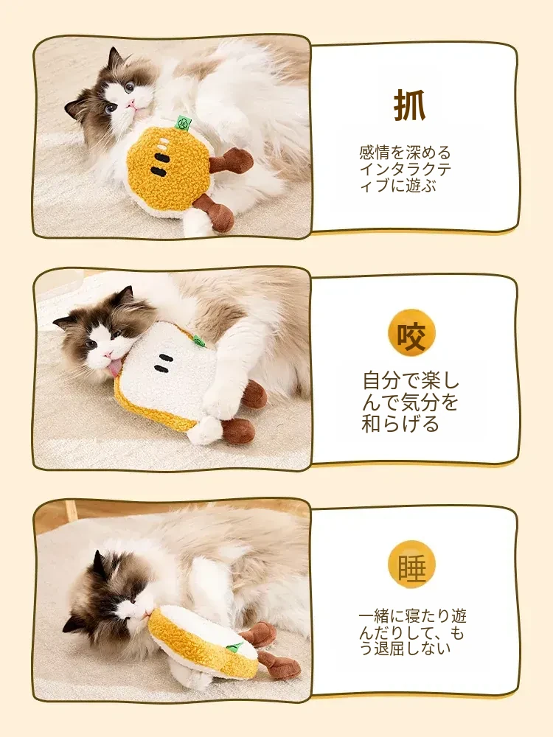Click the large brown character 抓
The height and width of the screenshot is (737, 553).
point(409,105)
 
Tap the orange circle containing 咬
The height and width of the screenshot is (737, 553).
point(411,333)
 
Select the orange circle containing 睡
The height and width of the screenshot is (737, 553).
point(412,565)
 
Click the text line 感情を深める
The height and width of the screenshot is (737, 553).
point(405,153)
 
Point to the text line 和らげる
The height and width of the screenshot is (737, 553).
point(400,424)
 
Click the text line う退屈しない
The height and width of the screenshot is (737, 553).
point(405,648)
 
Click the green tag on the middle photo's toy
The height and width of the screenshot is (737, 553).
point(198,340)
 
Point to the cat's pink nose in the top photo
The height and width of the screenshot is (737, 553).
point(133,102)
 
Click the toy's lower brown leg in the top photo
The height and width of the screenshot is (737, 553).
point(216,212)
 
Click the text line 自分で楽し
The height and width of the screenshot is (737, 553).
point(411,381)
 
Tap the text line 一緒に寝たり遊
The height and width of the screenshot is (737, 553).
point(412,615)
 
